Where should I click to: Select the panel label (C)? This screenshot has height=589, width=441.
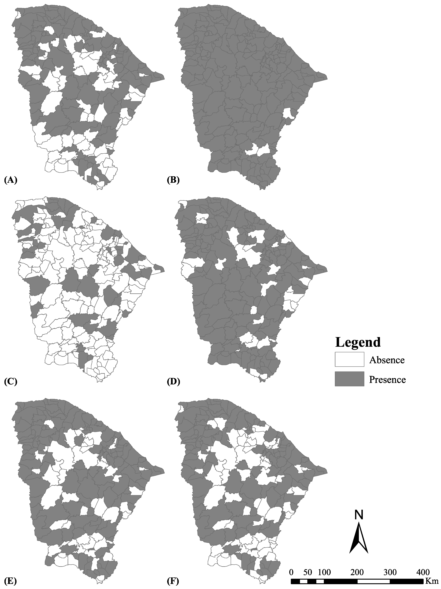point(11,382)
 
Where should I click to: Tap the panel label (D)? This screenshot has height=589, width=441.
point(173,382)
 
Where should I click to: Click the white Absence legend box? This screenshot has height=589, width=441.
point(349,359)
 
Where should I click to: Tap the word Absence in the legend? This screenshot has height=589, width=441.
point(387,360)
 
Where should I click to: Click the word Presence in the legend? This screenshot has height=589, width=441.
point(387,379)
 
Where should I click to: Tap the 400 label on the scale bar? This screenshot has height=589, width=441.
point(422,571)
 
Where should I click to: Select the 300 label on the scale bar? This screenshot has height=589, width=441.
point(390,571)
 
